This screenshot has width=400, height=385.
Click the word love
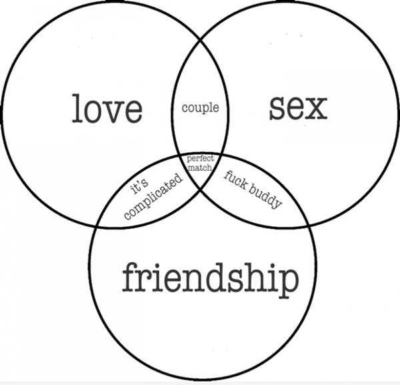click(x=107, y=109)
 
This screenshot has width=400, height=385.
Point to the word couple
click(x=200, y=107)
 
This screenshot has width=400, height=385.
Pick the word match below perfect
click(x=200, y=167)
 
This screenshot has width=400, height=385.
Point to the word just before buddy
click(x=236, y=179)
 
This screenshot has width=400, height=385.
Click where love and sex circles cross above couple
click(x=200, y=40)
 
